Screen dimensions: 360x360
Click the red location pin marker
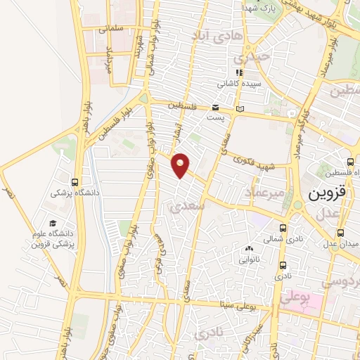[181, 165]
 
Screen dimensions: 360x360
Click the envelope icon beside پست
[215, 107]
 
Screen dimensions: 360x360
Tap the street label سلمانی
[111, 30]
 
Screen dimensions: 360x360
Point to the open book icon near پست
[240, 109]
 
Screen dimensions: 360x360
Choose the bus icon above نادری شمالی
[283, 228]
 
